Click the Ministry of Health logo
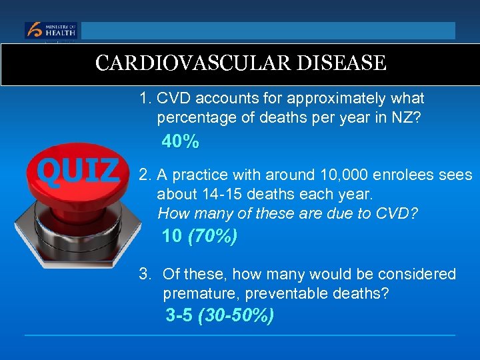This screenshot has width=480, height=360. coord(51,31)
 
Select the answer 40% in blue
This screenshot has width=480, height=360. coord(181,142)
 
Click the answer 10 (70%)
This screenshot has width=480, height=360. coord(199,236)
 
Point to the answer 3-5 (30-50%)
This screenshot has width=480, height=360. coord(219,315)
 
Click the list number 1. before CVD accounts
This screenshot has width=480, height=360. coord(145,99)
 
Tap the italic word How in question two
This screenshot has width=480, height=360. coord(172,213)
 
